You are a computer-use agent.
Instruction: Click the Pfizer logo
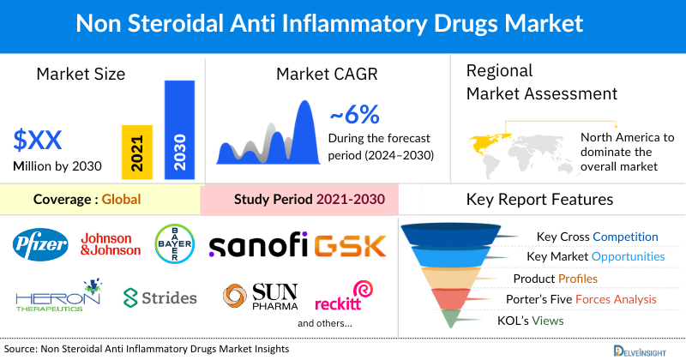tap(40, 245)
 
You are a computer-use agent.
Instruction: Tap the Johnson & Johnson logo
tap(110, 244)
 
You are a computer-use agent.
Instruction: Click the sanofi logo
tap(259, 245)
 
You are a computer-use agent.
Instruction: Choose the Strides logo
tap(160, 297)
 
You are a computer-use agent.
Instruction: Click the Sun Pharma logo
tap(260, 297)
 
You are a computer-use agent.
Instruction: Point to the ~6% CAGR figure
tap(354, 115)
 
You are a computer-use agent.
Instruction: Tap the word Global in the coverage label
tap(121, 200)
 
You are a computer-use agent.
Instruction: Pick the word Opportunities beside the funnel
tap(622, 256)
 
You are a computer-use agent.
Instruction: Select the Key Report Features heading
tap(539, 200)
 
